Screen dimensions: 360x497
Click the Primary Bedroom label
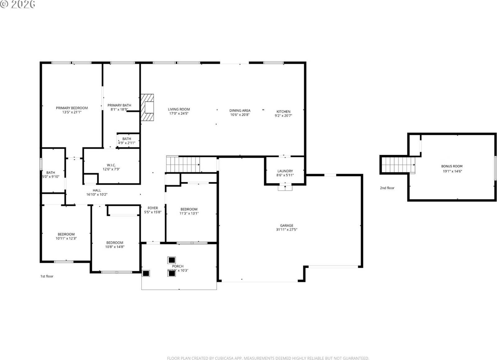(x=72, y=108)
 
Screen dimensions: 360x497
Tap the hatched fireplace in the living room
(x=147, y=107)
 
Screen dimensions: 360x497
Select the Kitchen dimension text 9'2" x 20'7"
(x=283, y=116)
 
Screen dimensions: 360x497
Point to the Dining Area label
(x=240, y=110)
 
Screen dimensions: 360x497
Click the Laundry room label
(x=285, y=171)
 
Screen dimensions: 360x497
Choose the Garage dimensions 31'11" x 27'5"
(x=286, y=230)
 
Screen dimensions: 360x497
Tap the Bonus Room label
(x=452, y=166)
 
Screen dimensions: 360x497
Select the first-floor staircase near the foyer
(x=183, y=164)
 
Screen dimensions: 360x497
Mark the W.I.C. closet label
(x=111, y=165)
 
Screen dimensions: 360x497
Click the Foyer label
(x=153, y=208)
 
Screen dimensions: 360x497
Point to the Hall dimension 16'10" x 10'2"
(x=97, y=195)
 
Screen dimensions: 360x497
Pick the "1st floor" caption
(x=47, y=276)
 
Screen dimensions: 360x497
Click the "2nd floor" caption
(x=387, y=188)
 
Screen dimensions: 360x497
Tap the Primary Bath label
(x=119, y=106)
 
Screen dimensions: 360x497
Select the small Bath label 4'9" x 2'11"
(x=126, y=143)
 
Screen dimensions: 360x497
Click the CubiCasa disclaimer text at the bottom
(x=268, y=358)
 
